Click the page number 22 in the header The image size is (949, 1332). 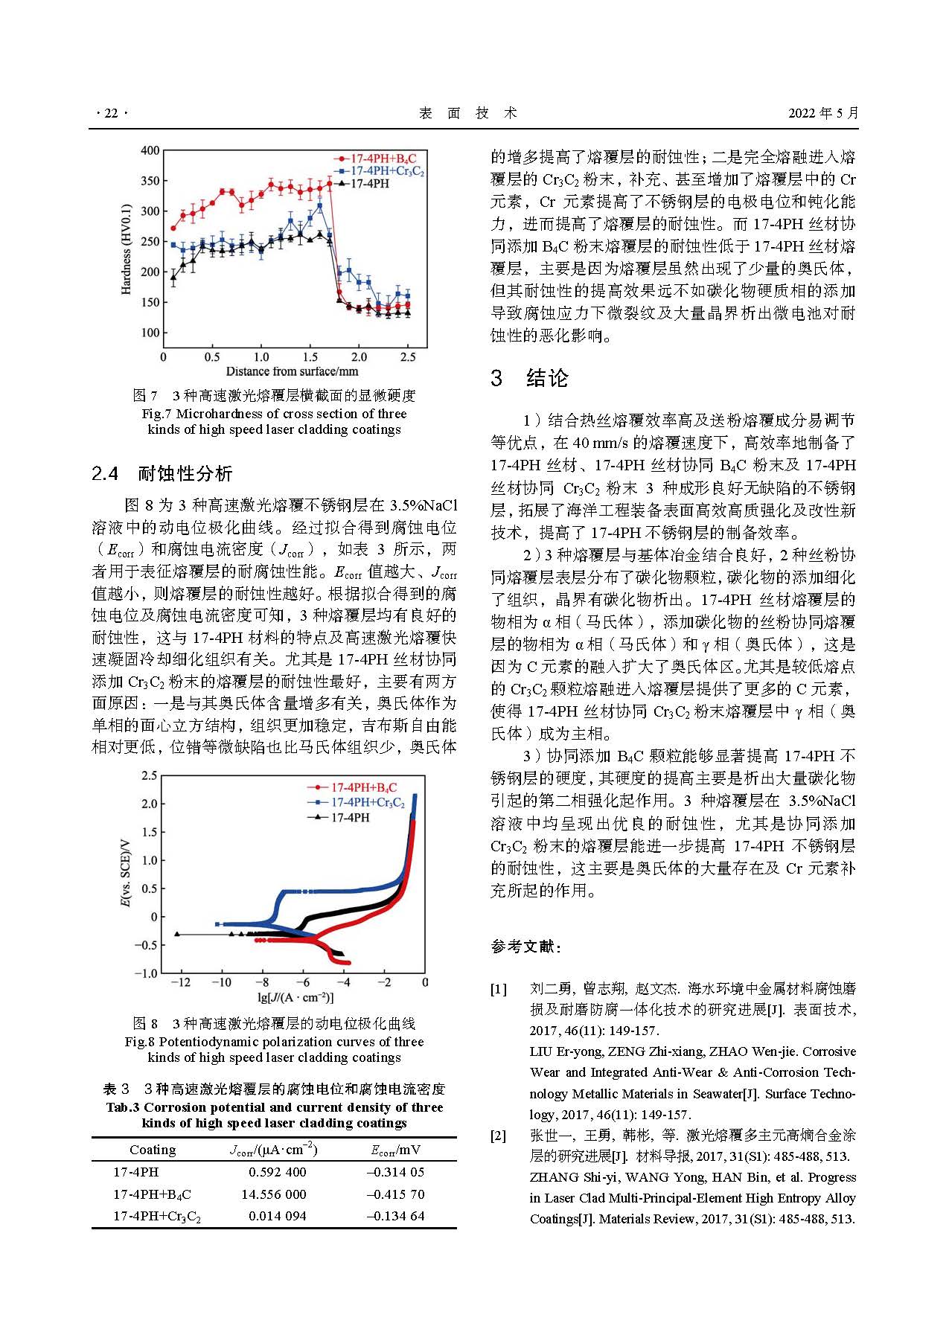[x=112, y=113]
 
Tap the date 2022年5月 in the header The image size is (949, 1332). [x=823, y=113]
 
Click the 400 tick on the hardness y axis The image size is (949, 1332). [x=150, y=150]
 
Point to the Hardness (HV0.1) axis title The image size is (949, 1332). [x=126, y=249]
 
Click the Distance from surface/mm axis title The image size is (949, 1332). [x=292, y=371]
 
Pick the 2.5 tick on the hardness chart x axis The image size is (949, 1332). [x=408, y=357]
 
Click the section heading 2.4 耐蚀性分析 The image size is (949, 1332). [x=162, y=473]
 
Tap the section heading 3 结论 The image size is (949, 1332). [x=529, y=378]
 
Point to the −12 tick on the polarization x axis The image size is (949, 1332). [x=181, y=982]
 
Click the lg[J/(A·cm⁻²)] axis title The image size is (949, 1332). [x=295, y=998]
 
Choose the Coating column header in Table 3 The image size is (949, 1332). [x=153, y=1150]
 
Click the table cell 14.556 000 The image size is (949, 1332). [x=273, y=1194]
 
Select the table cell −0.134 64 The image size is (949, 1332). [x=395, y=1216]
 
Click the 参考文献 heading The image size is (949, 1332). [x=525, y=947]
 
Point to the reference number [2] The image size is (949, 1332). [x=498, y=1136]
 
